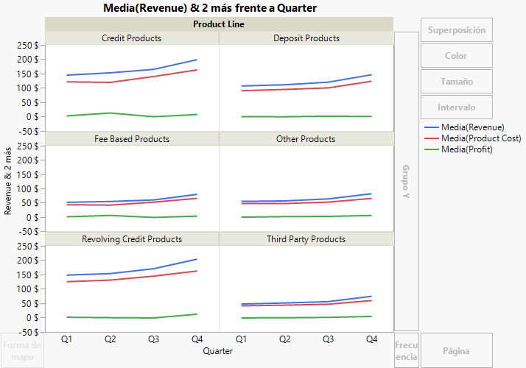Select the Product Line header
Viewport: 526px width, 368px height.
219,24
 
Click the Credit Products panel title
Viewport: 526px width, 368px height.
131,38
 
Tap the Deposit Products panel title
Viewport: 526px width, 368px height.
306,38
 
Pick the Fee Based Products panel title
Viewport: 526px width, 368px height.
131,138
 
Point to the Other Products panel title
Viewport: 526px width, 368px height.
306,138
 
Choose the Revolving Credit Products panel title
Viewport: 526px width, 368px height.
131,239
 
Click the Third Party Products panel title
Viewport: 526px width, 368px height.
306,239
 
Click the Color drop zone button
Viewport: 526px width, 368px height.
456,56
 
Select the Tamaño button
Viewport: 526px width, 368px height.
456,82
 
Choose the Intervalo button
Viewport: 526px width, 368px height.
456,107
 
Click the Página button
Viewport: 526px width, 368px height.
456,351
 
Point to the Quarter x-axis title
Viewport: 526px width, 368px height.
219,351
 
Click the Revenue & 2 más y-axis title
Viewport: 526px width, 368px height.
9,181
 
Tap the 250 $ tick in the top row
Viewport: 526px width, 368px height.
27,45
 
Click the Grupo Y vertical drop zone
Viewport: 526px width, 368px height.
406,181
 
